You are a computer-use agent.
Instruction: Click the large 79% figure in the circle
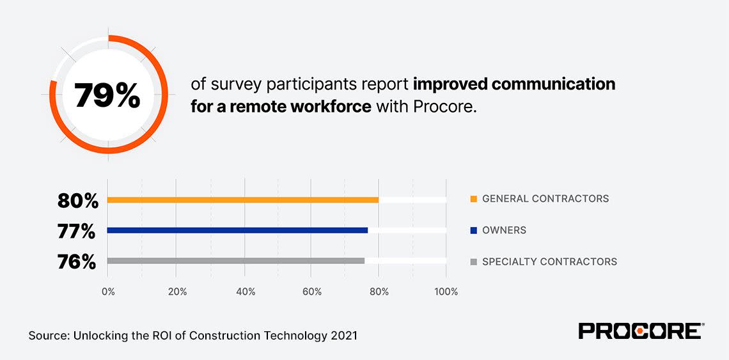107,95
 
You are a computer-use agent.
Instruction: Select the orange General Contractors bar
243,200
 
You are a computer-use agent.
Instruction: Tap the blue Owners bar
237,230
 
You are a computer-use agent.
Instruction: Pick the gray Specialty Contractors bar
236,261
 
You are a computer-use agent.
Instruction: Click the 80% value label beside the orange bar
78,201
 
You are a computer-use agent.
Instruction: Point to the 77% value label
77,231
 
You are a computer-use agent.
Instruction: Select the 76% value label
77,262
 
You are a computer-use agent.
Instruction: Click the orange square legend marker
473,199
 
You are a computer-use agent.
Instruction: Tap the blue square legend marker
473,230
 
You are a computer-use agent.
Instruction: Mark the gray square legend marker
473,262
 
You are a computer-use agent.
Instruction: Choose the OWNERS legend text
504,230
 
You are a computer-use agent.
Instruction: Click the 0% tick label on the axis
108,292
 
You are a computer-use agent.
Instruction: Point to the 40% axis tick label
246,292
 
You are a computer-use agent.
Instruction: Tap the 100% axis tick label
446,292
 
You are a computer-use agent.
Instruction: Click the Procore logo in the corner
640,331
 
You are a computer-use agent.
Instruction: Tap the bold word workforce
331,106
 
